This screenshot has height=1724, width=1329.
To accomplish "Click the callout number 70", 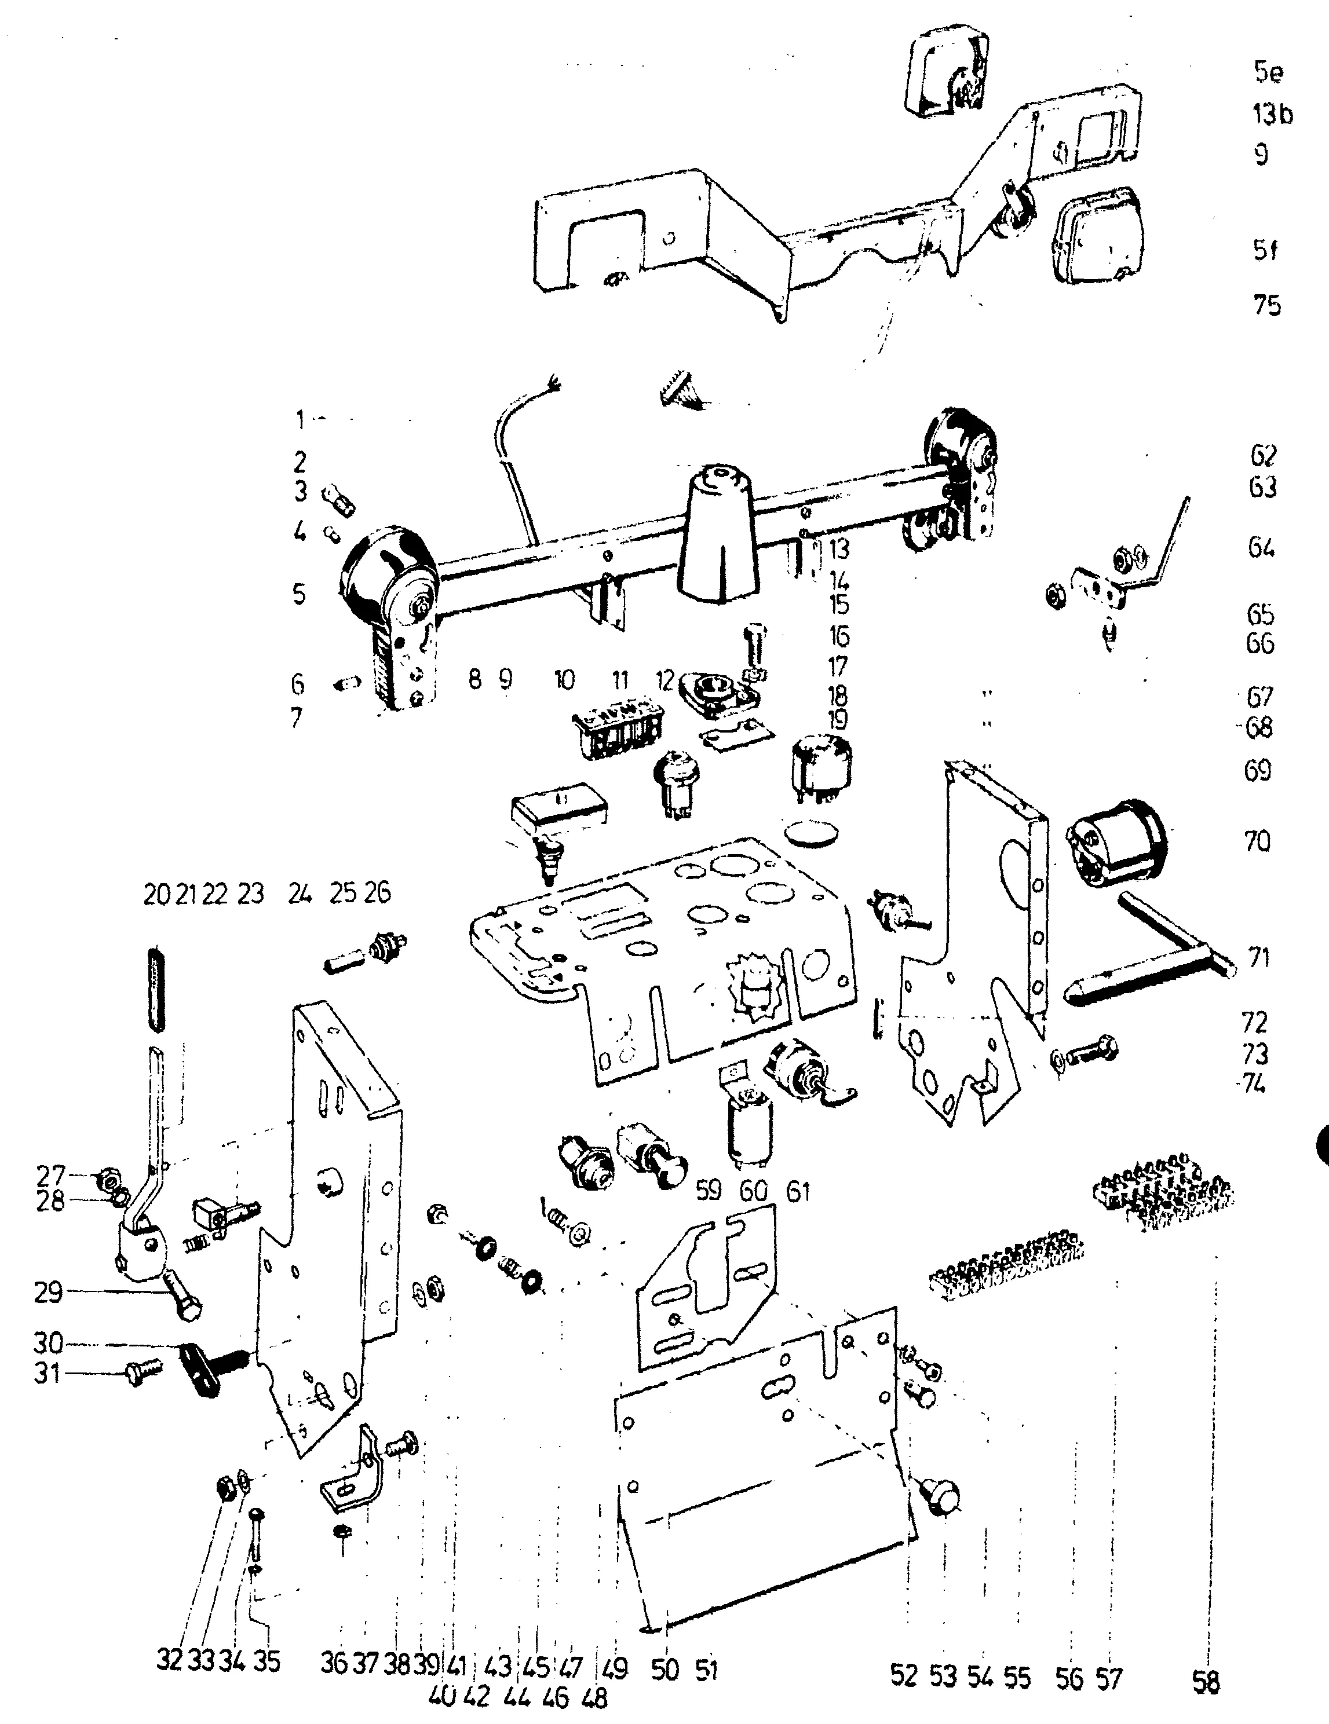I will coord(1257,841).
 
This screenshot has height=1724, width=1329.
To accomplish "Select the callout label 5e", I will coord(1268,72).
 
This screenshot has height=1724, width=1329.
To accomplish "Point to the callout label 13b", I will coord(1272,115).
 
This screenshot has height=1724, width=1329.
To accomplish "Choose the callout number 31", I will coord(48,1374).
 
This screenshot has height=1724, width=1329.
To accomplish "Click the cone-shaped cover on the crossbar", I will coord(718,537).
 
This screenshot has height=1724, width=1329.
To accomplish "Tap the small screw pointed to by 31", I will coord(142,1376).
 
